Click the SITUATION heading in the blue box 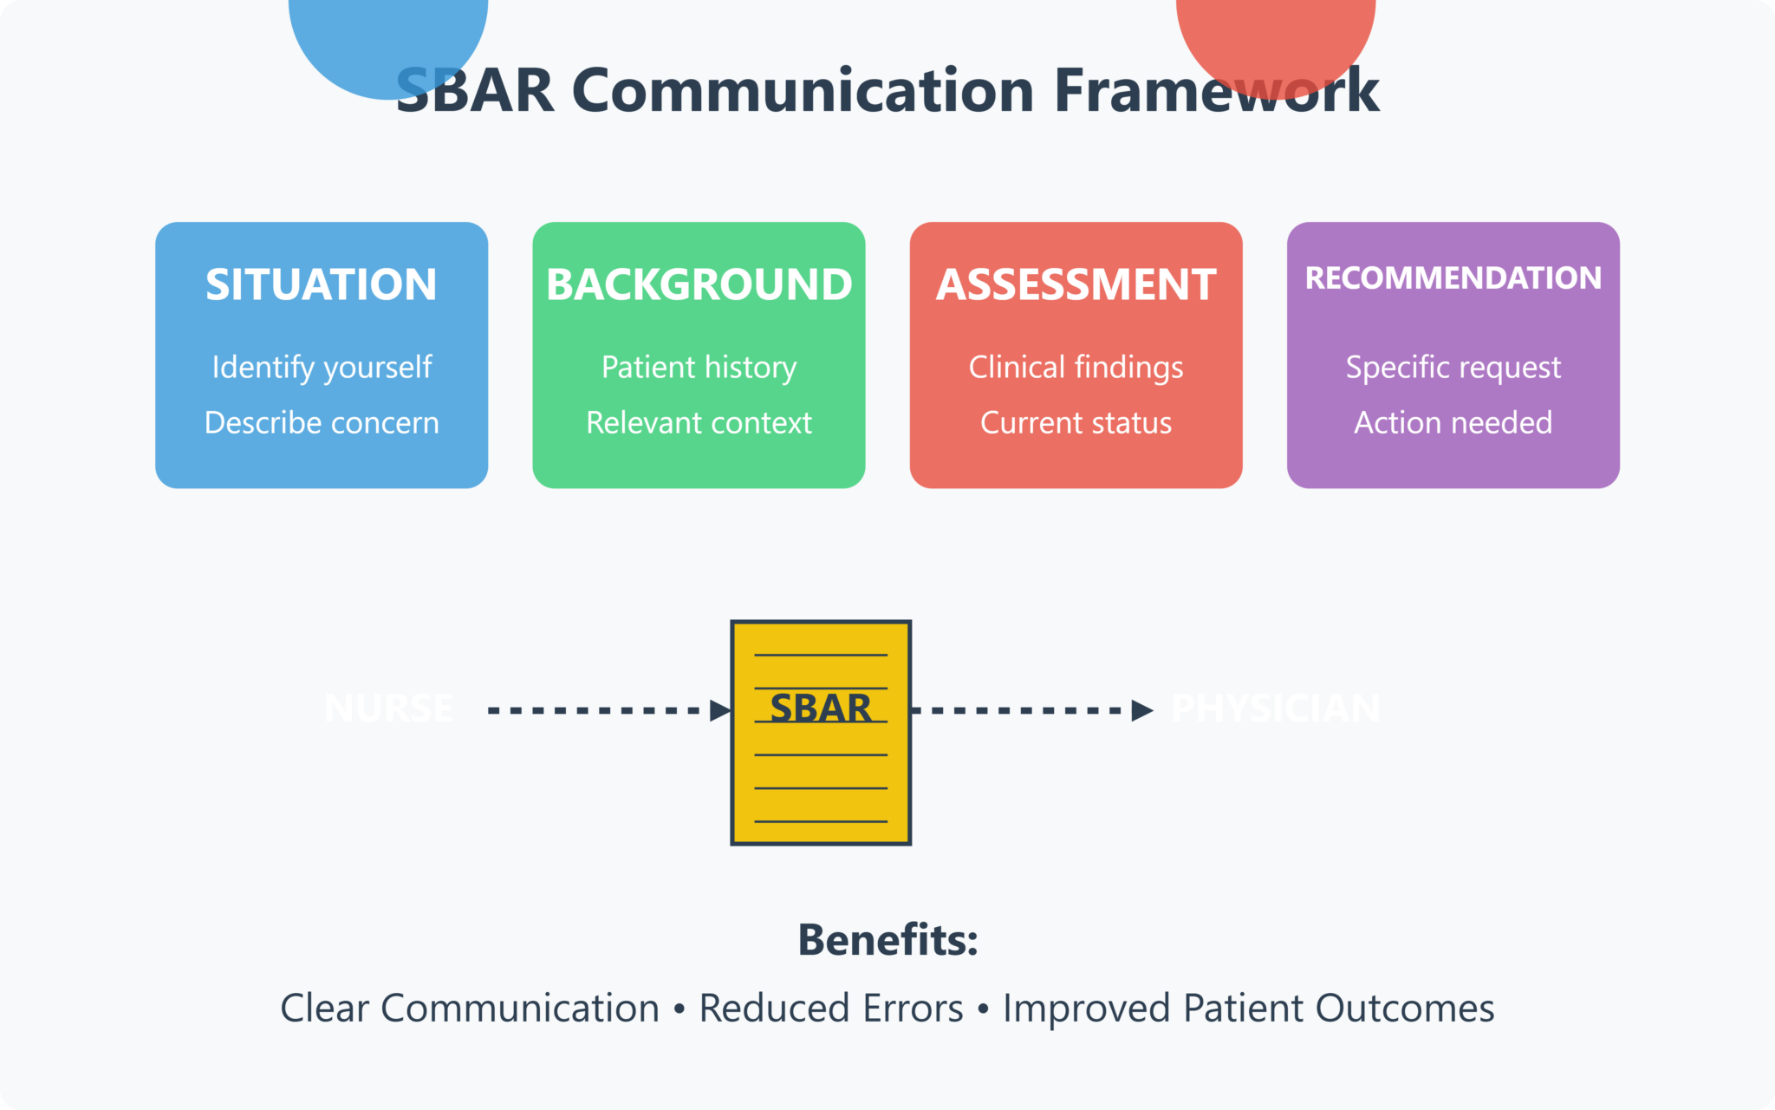[x=321, y=284]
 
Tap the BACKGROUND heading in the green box [x=699, y=284]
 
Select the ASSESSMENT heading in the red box [x=1076, y=284]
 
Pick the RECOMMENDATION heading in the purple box [x=1453, y=278]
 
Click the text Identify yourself [x=322, y=368]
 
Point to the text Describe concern [x=322, y=423]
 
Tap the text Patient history [x=699, y=368]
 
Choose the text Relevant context [x=699, y=423]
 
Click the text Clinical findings [x=1076, y=368]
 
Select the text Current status [x=1076, y=423]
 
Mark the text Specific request [x=1453, y=368]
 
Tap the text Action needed [x=1453, y=423]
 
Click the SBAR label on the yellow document [x=820, y=708]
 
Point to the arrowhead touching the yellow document [x=719, y=710]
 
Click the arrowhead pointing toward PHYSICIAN [x=1142, y=710]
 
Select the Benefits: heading [x=887, y=940]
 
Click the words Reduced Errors [x=830, y=1009]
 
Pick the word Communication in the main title [x=803, y=90]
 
